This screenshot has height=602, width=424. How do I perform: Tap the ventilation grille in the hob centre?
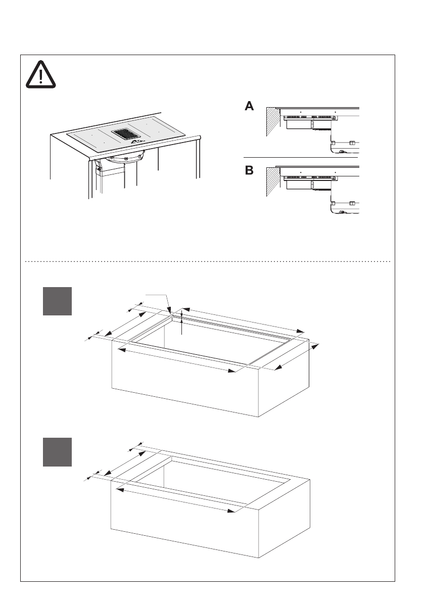coord(126,134)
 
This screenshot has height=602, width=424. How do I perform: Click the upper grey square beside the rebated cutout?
coord(57,301)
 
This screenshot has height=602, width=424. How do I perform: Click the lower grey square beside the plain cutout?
coord(57,452)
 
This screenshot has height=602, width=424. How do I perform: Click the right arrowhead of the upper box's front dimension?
coord(234,372)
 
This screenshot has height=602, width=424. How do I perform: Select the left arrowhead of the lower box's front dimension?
coord(120,489)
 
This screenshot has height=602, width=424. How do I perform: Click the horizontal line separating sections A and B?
coord(301,158)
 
